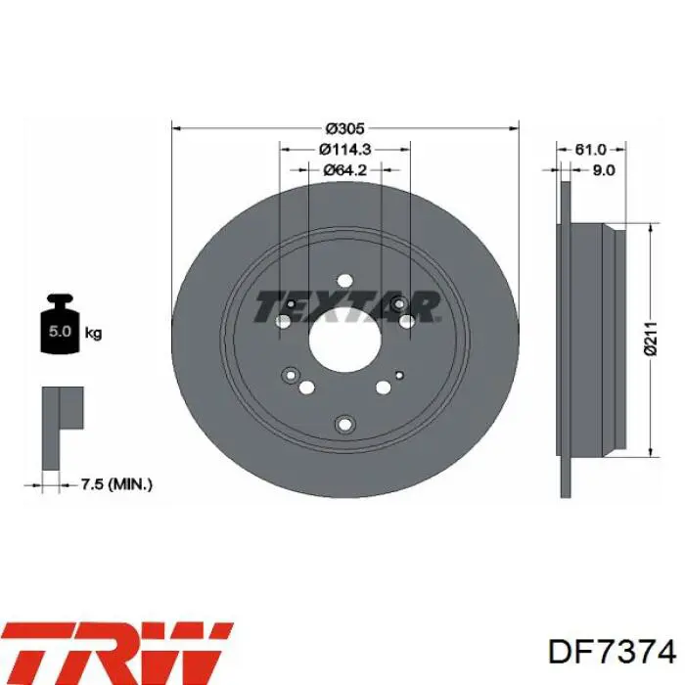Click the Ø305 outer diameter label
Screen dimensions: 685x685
(344, 128)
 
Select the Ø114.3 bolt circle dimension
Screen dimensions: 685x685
(344, 150)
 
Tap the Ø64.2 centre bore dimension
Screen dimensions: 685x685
(344, 170)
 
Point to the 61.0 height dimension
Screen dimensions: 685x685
(590, 150)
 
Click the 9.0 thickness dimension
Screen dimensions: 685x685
(604, 170)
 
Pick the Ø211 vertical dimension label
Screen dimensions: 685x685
(651, 339)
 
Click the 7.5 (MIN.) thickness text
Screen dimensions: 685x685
(116, 484)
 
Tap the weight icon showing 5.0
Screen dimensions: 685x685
(60, 324)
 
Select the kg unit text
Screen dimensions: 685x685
(93, 334)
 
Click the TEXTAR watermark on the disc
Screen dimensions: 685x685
(346, 306)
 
